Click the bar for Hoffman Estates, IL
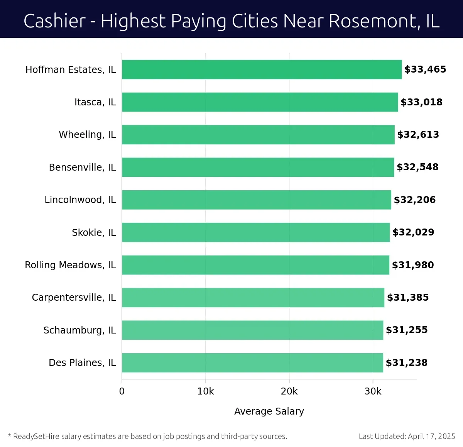coord(262,69)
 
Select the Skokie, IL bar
coord(255,232)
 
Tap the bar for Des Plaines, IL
coord(252,363)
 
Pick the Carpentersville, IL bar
coord(253,298)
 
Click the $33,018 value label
coord(421,102)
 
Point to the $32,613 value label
coord(418,135)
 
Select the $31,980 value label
coord(413,265)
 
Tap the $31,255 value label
coord(407,330)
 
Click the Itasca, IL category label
coord(95,102)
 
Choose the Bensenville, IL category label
coord(82,168)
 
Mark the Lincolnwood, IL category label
coord(80,200)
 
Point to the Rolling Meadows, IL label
coord(70,265)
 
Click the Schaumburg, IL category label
coord(79,330)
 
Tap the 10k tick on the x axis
coord(205,391)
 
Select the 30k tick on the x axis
coord(373,391)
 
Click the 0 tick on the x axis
coord(122,391)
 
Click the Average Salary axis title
coord(269,411)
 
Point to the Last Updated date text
coord(407,436)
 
